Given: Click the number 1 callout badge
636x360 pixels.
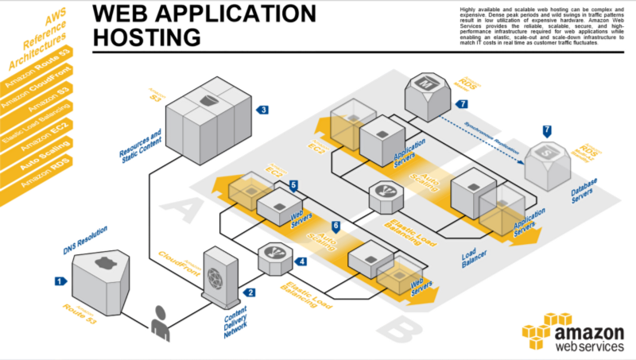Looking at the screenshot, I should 59,281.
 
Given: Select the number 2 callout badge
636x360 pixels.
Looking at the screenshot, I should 251,292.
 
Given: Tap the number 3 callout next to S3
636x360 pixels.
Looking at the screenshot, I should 263,110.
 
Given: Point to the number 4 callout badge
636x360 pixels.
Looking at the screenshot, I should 301,261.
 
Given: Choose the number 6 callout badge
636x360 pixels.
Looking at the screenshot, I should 335,226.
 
